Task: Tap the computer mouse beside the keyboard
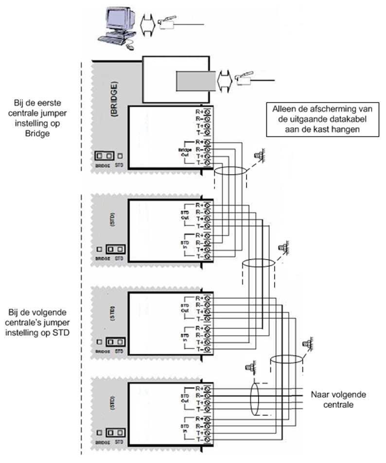coord(130,47)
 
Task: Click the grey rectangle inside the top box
coord(194,80)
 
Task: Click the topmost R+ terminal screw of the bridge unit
coord(208,112)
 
